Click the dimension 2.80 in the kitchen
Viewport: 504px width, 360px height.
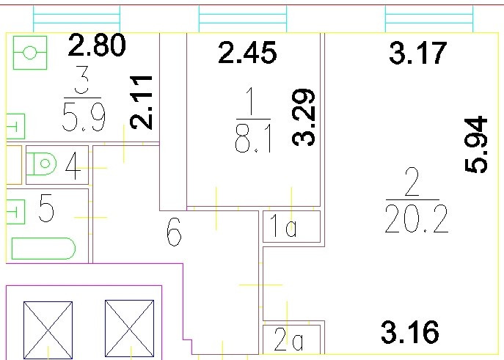pyautogui.click(x=97, y=47)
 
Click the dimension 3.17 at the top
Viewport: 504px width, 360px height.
pyautogui.click(x=417, y=54)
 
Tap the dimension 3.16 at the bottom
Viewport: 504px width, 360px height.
pyautogui.click(x=410, y=332)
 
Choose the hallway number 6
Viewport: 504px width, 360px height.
pyautogui.click(x=174, y=235)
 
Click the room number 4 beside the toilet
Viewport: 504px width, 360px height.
pyautogui.click(x=73, y=166)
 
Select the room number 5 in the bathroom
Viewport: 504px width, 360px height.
pyautogui.click(x=46, y=211)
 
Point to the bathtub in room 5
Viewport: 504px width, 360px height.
pyautogui.click(x=44, y=249)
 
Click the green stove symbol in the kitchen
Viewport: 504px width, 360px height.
pyautogui.click(x=30, y=53)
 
